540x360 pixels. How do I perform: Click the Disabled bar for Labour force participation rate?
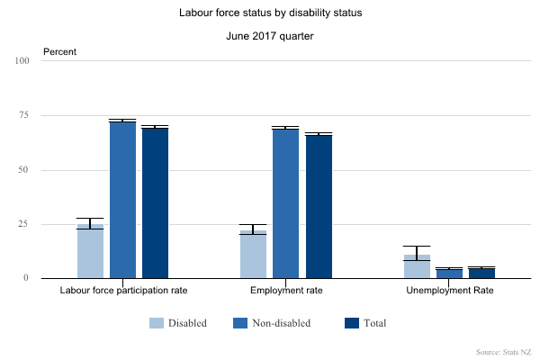(x=90, y=251)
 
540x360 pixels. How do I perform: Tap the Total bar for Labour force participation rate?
(x=155, y=203)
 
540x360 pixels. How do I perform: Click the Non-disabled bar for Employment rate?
(x=285, y=203)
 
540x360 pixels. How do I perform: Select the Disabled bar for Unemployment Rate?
(x=417, y=266)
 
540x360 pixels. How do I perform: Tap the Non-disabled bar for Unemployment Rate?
(x=449, y=274)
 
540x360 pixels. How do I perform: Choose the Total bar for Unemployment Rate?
(x=481, y=274)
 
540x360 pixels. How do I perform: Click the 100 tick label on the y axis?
(x=22, y=61)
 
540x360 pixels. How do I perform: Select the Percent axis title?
(x=60, y=51)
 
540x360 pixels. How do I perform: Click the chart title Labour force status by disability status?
(x=270, y=14)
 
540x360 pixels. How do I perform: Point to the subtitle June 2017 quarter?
(x=270, y=37)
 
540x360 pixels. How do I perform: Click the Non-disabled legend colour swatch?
(x=240, y=323)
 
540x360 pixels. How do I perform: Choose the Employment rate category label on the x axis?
(x=286, y=292)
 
